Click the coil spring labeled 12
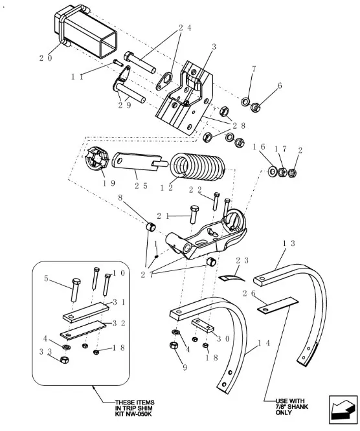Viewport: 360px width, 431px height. pyautogui.click(x=198, y=167)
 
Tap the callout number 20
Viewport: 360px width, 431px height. pyautogui.click(x=45, y=58)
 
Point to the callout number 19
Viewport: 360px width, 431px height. pyautogui.click(x=109, y=183)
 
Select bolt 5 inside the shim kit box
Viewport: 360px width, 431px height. pyautogui.click(x=75, y=290)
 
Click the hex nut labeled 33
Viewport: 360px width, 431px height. pyautogui.click(x=64, y=359)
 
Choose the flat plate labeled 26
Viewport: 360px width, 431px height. pyautogui.click(x=278, y=305)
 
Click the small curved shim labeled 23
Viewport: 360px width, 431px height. pyautogui.click(x=231, y=277)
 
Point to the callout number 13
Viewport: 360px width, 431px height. pyautogui.click(x=289, y=243)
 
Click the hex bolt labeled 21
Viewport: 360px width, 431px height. pyautogui.click(x=194, y=214)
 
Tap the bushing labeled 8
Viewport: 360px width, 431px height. pyautogui.click(x=150, y=227)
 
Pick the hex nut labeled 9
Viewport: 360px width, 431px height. pyautogui.click(x=174, y=345)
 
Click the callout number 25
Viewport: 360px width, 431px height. pyautogui.click(x=141, y=186)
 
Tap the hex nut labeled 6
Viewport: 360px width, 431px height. pyautogui.click(x=256, y=107)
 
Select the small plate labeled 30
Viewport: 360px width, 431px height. pyautogui.click(x=203, y=326)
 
